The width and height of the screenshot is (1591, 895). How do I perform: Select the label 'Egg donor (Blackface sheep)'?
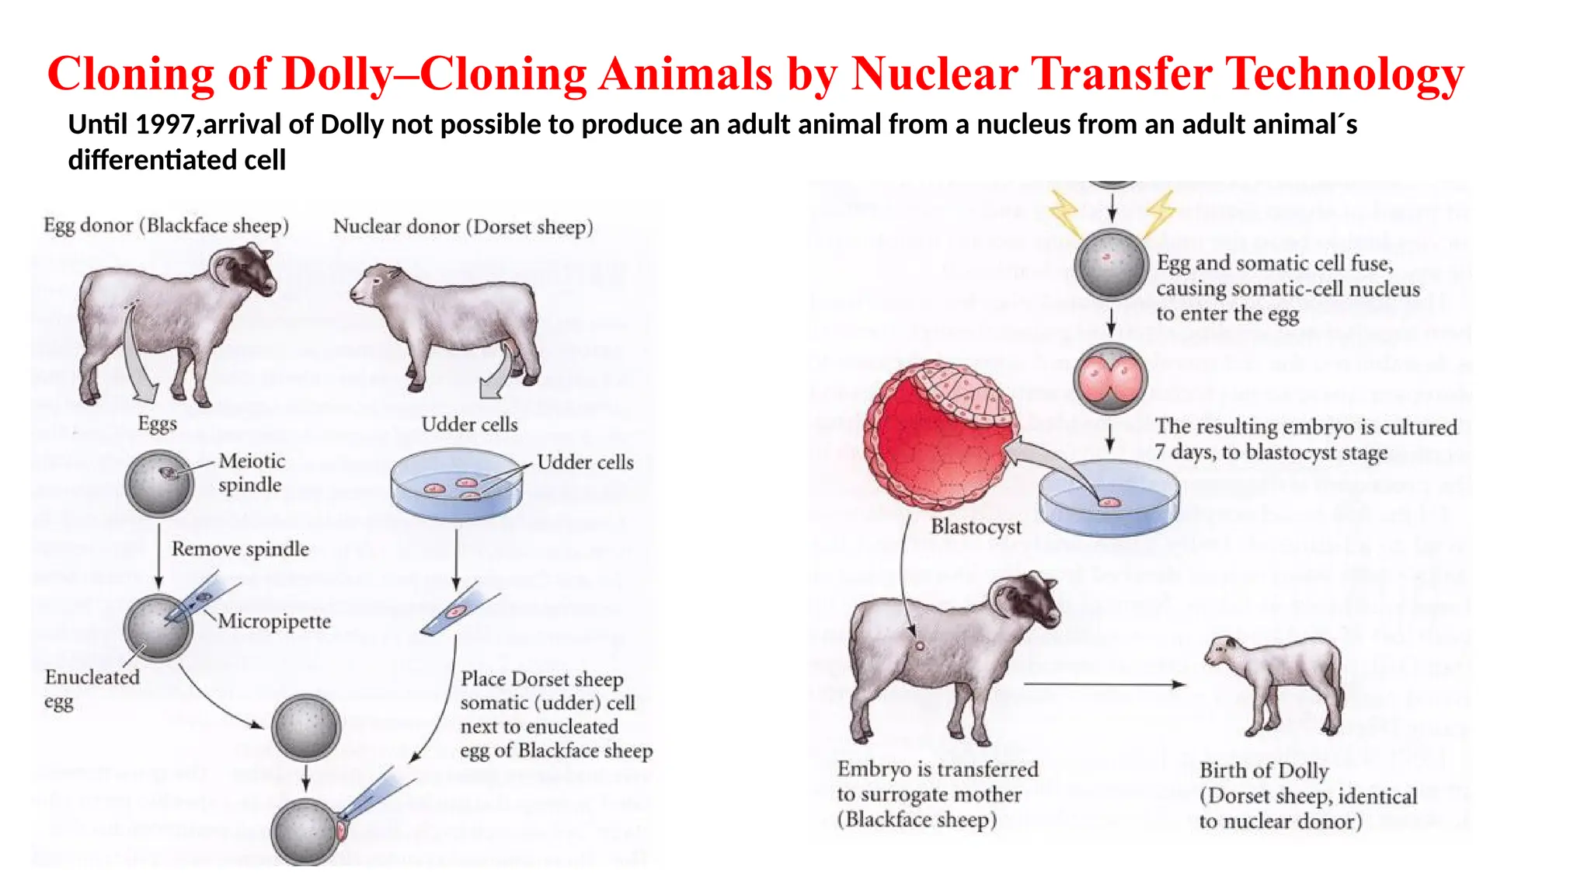[x=166, y=225]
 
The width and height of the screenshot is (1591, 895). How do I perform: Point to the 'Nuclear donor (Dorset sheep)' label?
[x=463, y=227]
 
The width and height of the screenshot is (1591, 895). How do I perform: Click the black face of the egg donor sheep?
[x=254, y=269]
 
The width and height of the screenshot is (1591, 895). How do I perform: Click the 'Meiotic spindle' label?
[x=251, y=472]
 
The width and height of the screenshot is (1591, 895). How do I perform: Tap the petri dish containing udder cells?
[x=456, y=486]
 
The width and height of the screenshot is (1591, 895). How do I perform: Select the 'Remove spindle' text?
[x=240, y=548]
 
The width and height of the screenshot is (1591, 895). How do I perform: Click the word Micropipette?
[x=274, y=621]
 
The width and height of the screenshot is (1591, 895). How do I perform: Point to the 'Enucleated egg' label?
[x=91, y=688]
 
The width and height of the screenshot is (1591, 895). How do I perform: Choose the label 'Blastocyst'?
[x=976, y=527]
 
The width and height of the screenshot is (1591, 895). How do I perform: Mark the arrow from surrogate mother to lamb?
[x=1103, y=684]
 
